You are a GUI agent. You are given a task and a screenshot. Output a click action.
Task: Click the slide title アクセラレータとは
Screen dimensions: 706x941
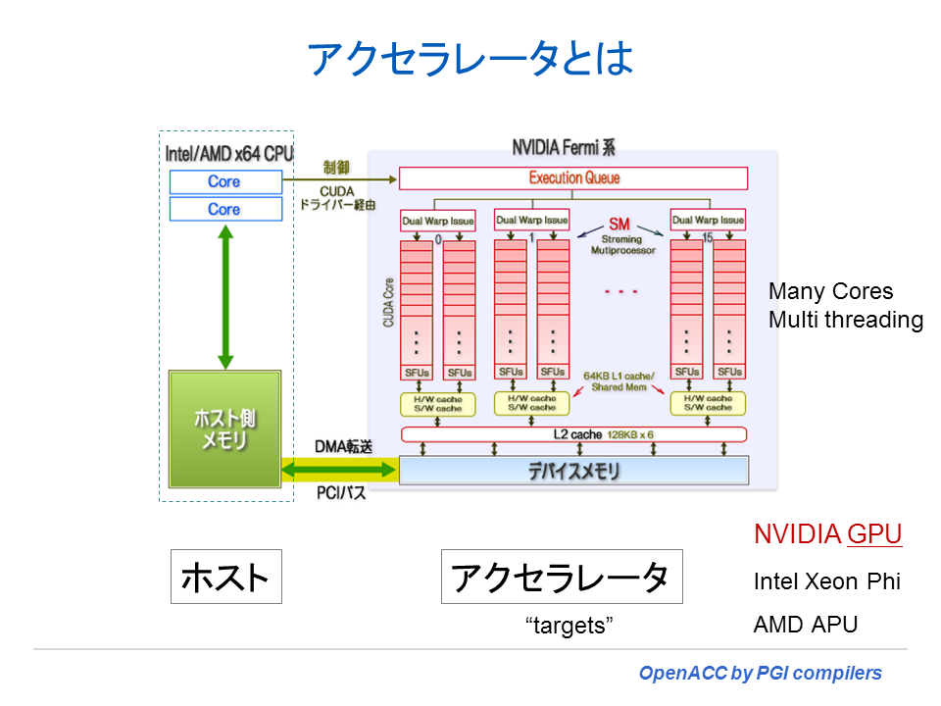470,59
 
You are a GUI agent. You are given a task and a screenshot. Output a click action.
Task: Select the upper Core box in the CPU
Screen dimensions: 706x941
224,181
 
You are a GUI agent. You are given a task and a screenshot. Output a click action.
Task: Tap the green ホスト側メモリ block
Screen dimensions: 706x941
224,429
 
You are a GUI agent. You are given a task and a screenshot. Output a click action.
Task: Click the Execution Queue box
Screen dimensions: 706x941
573,178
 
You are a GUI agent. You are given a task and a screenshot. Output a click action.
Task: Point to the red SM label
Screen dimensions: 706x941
619,225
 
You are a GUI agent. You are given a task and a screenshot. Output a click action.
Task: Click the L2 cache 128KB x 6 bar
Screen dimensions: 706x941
573,433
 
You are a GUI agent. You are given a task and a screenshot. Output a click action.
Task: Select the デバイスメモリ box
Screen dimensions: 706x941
573,472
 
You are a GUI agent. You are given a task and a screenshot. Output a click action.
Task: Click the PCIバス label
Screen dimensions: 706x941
341,493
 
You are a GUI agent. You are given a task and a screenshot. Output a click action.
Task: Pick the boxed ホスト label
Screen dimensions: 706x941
225,577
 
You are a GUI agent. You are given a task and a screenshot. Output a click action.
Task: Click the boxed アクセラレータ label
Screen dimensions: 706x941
561,577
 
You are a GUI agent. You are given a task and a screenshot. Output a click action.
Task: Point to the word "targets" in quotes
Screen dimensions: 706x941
570,626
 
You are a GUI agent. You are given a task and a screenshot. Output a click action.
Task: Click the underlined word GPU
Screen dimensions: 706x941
874,534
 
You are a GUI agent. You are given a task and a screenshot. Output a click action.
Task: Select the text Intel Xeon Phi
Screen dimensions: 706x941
826,580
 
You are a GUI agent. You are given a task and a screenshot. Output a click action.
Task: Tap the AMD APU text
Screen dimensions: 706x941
805,625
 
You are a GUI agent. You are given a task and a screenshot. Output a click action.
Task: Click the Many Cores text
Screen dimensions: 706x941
830,291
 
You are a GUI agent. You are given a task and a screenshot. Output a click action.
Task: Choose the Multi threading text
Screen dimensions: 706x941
845,320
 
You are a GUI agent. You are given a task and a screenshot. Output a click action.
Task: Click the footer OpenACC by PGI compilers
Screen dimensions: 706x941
760,674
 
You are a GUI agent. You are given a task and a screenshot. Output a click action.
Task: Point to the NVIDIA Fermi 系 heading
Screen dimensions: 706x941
564,149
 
